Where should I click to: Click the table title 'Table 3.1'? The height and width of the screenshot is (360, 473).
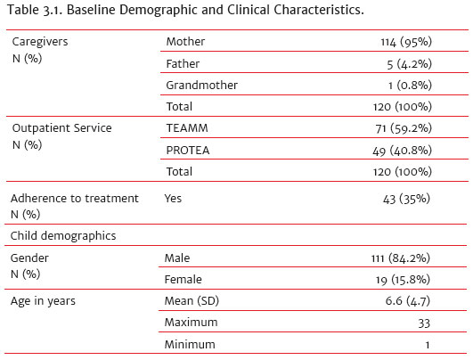coord(33,10)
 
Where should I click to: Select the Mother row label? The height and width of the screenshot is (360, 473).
coord(185,42)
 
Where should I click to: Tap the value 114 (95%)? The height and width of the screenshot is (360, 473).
coord(406,42)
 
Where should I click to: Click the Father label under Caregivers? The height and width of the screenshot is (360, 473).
coord(183,63)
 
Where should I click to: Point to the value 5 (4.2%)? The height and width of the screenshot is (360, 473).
coord(410,64)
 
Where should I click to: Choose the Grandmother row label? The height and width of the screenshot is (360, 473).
coord(202,86)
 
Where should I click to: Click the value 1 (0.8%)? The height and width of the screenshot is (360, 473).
coord(410,86)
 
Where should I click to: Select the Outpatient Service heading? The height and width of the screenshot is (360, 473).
coord(61,128)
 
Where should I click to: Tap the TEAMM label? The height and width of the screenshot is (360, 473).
coord(187,128)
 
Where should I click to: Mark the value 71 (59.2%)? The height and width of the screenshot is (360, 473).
coord(404,128)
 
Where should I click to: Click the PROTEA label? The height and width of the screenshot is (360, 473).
coord(188,151)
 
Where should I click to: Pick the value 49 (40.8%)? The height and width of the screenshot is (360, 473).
coord(402,151)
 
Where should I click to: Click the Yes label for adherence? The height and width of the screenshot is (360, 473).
coord(173,199)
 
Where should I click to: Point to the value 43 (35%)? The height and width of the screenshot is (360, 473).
coord(406,199)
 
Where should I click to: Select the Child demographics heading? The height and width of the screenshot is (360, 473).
coord(63,236)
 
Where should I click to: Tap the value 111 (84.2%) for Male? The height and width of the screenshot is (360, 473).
coord(401,258)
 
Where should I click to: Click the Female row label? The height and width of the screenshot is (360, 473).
coord(183,280)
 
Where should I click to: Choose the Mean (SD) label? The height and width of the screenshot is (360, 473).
coord(192,301)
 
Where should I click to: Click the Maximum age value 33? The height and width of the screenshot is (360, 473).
coord(424,323)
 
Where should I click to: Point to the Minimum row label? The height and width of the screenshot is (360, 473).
coord(190,344)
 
